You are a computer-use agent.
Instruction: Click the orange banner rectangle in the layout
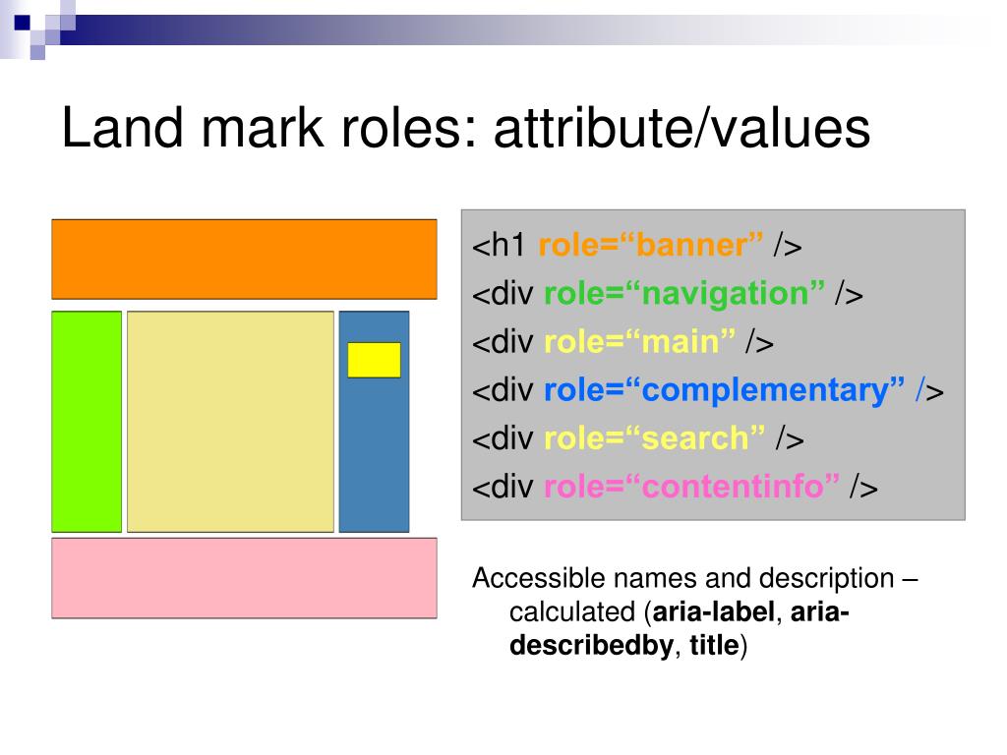(x=244, y=259)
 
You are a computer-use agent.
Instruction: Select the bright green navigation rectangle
(x=87, y=422)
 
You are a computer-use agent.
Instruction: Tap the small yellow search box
(x=374, y=360)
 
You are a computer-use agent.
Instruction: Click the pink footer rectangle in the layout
(x=244, y=578)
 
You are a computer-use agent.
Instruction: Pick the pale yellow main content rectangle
(x=230, y=422)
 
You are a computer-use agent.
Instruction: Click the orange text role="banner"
(x=651, y=246)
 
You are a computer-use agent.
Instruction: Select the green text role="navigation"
(x=684, y=294)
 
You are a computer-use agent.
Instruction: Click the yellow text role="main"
(x=639, y=342)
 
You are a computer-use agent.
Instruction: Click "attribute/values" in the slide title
(x=681, y=129)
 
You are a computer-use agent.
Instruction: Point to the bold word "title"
(x=714, y=647)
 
